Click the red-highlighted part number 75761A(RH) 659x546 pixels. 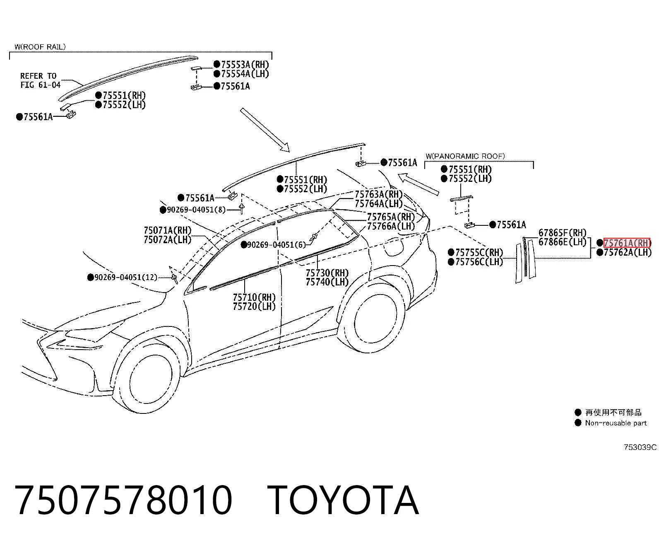[x=627, y=243]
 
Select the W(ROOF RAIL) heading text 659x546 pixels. [x=40, y=47]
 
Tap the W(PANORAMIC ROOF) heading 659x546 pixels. [x=465, y=156]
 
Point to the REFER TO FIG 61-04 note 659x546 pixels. [x=40, y=80]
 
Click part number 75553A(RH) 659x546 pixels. [x=245, y=65]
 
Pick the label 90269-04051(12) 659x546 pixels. [x=125, y=277]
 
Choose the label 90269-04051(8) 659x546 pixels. [x=196, y=210]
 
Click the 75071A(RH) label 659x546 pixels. [x=168, y=230]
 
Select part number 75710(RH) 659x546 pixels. [x=255, y=297]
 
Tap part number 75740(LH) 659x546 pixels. [x=327, y=282]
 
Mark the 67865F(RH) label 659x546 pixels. [x=563, y=232]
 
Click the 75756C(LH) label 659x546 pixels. [x=479, y=262]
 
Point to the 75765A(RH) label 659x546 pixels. [x=391, y=217]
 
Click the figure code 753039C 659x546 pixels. [x=640, y=447]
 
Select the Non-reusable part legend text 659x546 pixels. [x=616, y=423]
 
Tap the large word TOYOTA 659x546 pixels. [x=343, y=500]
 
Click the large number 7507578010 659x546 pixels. [x=123, y=500]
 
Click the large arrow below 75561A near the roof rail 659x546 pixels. [x=265, y=130]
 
